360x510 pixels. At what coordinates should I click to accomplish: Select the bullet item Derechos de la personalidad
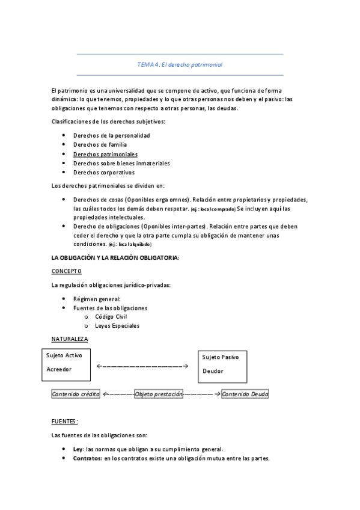(111, 135)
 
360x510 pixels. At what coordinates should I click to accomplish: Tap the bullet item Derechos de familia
(100, 144)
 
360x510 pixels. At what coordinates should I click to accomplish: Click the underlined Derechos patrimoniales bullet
(105, 154)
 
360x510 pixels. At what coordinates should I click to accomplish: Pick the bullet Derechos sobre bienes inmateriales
(121, 163)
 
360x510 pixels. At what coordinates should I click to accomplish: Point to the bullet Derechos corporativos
(103, 172)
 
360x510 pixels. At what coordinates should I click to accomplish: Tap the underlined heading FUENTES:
(65, 421)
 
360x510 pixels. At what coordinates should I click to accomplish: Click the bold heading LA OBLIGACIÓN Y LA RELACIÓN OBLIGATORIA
(115, 257)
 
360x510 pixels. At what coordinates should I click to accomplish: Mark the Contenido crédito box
(76, 394)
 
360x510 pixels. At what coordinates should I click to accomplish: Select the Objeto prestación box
(158, 394)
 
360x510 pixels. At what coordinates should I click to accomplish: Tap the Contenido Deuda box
(245, 394)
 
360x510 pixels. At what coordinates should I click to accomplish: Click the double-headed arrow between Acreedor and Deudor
(142, 366)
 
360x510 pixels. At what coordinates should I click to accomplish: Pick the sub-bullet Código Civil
(111, 316)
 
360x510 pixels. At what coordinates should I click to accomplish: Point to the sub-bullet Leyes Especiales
(117, 325)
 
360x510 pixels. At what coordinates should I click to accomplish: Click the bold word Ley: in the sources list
(78, 449)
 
